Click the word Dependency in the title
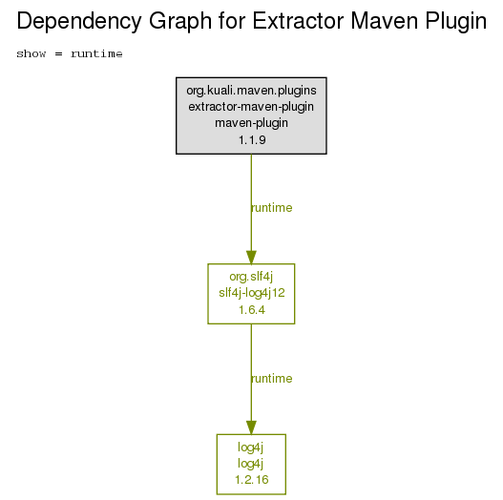tap(79, 22)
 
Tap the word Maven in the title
tap(385, 21)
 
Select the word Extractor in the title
tap(297, 21)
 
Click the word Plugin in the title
tap(456, 22)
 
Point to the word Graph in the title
tap(180, 22)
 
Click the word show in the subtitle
tap(31, 53)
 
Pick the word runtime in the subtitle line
tap(96, 53)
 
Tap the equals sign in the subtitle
tap(58, 53)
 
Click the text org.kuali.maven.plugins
tap(251, 91)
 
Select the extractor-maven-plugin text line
tap(251, 107)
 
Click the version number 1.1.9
tap(252, 140)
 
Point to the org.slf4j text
tap(251, 277)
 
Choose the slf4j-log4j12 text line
tap(252, 293)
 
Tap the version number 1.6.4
tap(252, 310)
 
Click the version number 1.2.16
tap(252, 480)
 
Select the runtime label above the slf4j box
tap(272, 208)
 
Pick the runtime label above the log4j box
tap(272, 379)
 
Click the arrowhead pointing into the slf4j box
tap(251, 258)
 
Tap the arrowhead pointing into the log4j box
tap(251, 427)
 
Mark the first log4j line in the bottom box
tap(250, 448)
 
